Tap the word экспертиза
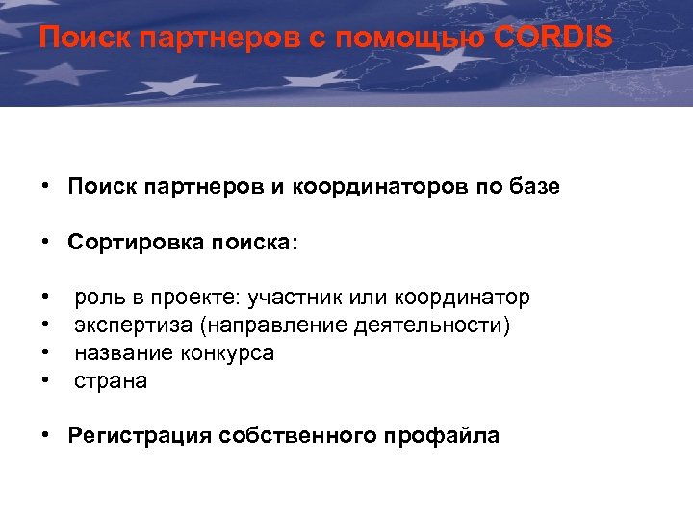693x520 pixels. [x=133, y=325]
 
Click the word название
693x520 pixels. [x=119, y=353]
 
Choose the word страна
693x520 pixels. [x=111, y=381]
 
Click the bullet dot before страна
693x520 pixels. [x=45, y=381]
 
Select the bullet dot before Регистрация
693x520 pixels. [x=45, y=436]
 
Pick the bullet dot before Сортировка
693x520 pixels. [x=45, y=244]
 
